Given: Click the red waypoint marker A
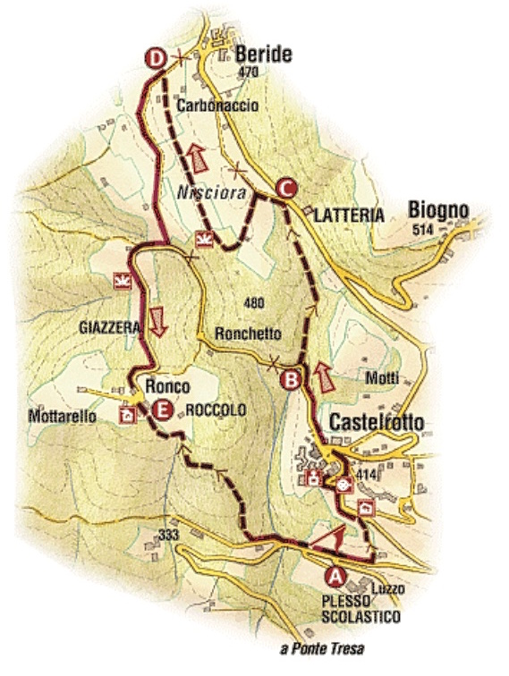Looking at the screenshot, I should (336, 574).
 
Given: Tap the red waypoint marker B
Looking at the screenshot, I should (290, 379).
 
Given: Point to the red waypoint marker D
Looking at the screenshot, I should (156, 59).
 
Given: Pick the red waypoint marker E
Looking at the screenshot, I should (161, 410).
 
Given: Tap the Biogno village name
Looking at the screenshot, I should (438, 210).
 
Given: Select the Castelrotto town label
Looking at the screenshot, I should (378, 422).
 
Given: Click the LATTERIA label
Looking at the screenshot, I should (349, 215).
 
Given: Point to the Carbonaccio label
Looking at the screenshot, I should (217, 106).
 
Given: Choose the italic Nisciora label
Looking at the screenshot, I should (205, 189).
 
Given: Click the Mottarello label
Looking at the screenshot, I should (62, 416).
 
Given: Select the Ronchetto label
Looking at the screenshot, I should (248, 334).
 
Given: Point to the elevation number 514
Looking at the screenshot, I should (428, 230).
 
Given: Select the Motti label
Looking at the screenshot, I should (382, 378).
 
